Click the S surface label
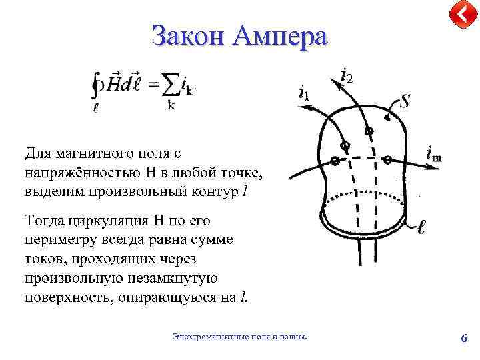coord(403,103)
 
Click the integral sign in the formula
coord(98,85)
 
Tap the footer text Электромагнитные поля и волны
coord(240,337)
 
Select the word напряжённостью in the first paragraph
coord(76,173)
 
